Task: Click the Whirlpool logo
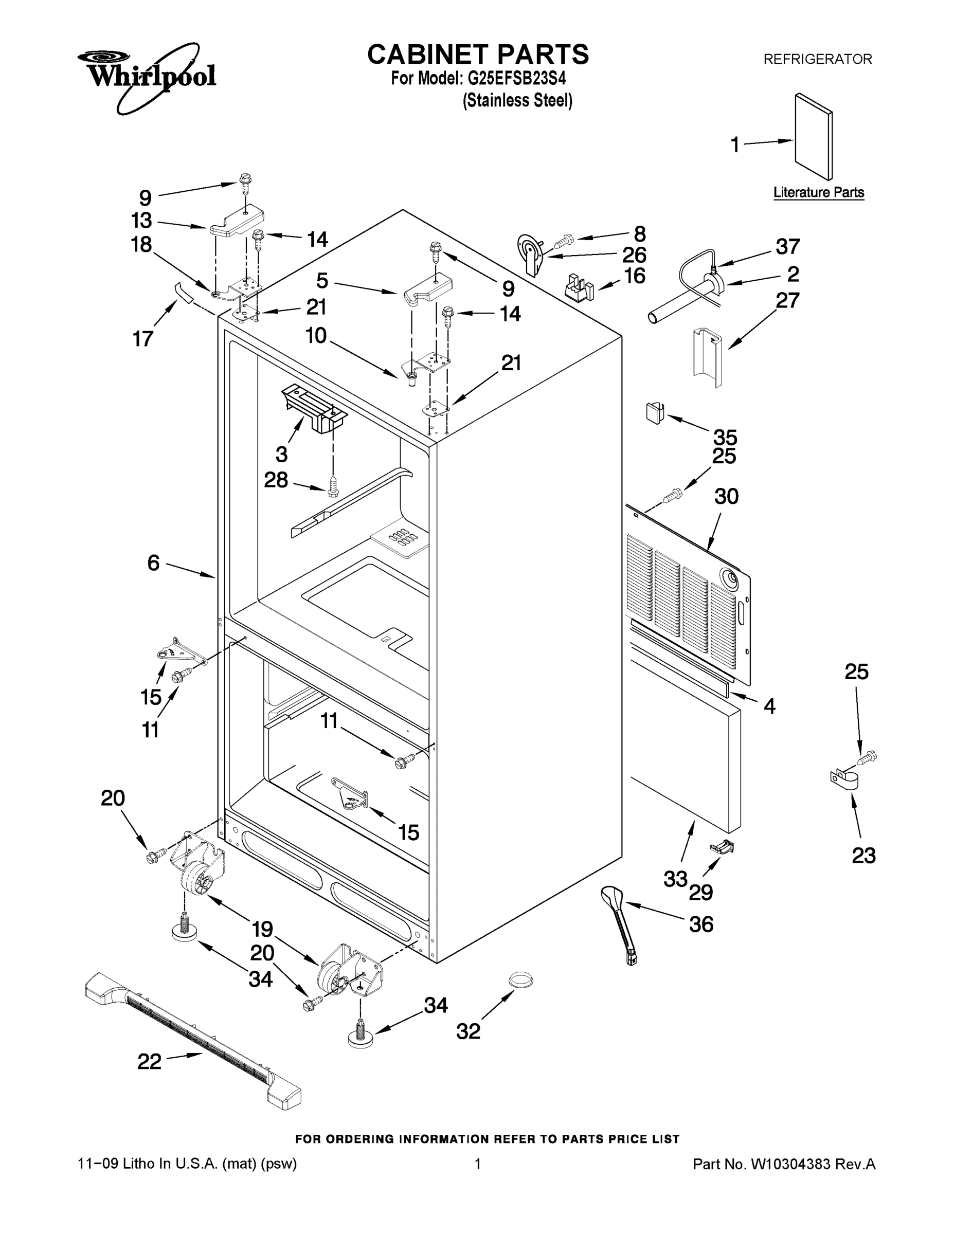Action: [x=147, y=76]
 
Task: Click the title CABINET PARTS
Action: [x=478, y=55]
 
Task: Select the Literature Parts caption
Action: [x=818, y=192]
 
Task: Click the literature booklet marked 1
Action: [x=813, y=137]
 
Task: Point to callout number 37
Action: [x=787, y=246]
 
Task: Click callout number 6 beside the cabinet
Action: [x=153, y=563]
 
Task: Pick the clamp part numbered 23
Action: [x=844, y=781]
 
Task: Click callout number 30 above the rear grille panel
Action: [x=726, y=496]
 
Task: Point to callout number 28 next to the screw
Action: [x=276, y=480]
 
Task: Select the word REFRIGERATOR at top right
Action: [x=817, y=59]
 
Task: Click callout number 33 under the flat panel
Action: [x=675, y=879]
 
